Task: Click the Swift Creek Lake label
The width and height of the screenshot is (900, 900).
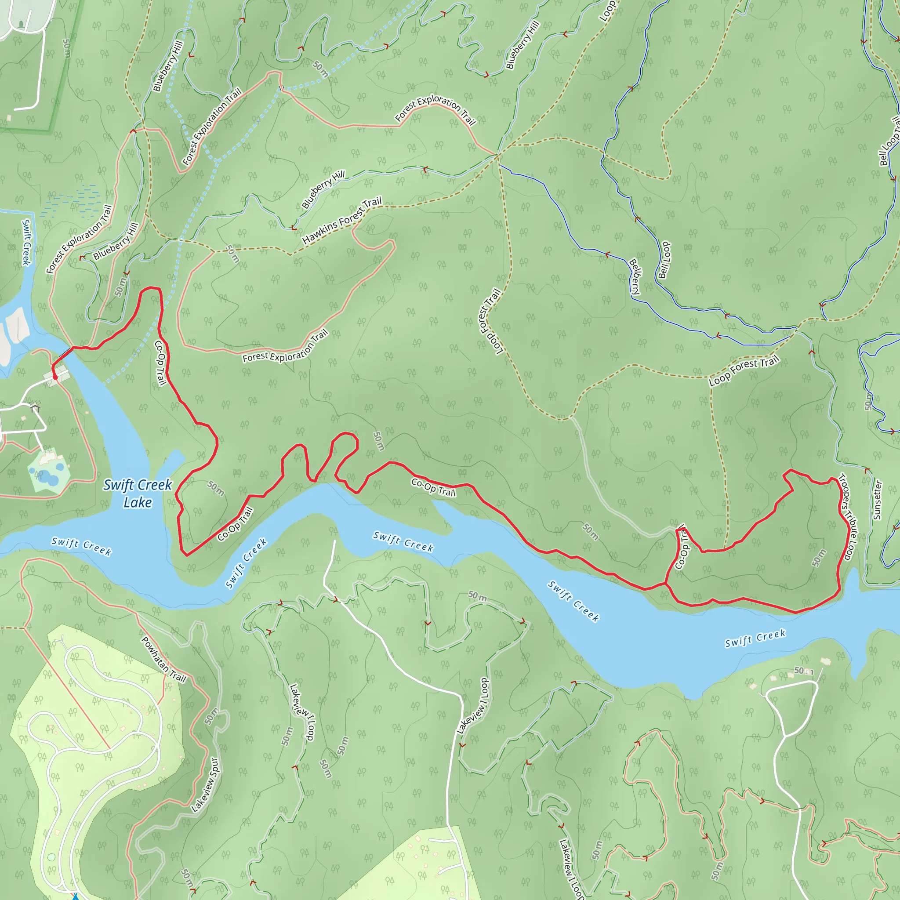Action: pos(138,494)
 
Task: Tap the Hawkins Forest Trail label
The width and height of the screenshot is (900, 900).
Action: pos(341,221)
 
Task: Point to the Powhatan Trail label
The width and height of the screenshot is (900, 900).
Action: pos(163,660)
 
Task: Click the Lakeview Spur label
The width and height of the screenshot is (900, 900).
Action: pos(205,785)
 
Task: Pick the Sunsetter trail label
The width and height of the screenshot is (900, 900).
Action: pos(877,500)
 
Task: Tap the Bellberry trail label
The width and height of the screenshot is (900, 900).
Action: pos(635,276)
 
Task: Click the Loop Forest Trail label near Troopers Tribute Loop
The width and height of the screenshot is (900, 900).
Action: pos(744,371)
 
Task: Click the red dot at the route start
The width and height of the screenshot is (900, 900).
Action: pos(55,377)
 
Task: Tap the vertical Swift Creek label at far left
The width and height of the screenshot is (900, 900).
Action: pos(26,242)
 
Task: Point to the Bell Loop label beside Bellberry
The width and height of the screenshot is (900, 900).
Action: pos(664,260)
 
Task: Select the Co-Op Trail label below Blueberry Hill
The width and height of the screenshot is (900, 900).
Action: pos(160,363)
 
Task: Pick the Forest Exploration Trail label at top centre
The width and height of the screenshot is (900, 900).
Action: pos(435,109)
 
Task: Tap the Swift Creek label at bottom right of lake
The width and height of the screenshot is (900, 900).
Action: pos(755,638)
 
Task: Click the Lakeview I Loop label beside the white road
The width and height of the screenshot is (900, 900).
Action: pos(473,706)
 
